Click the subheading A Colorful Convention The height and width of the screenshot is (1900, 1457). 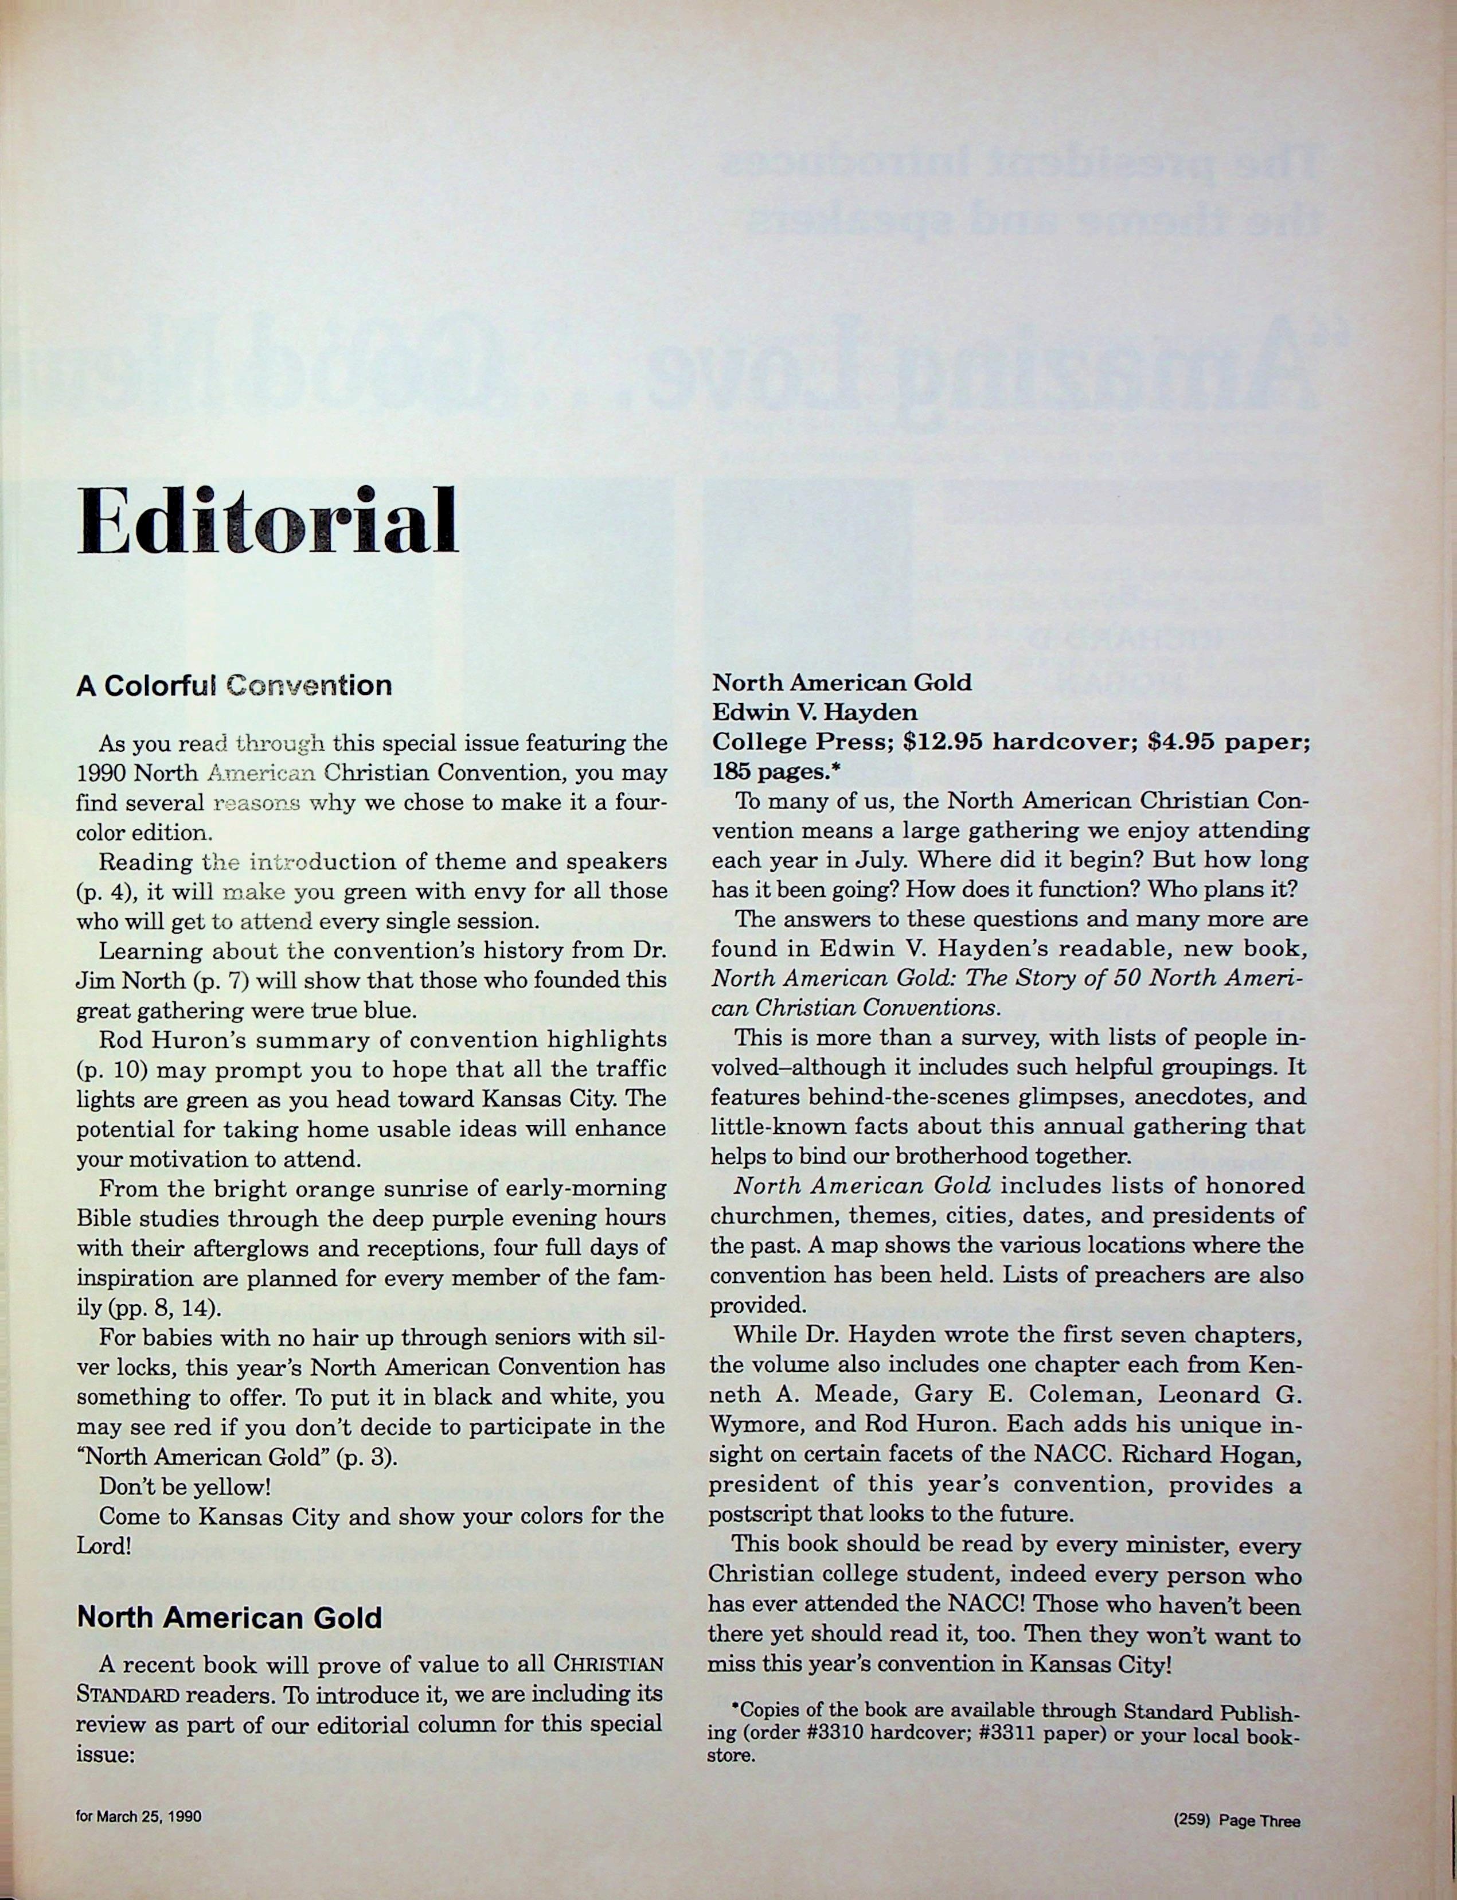233,686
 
